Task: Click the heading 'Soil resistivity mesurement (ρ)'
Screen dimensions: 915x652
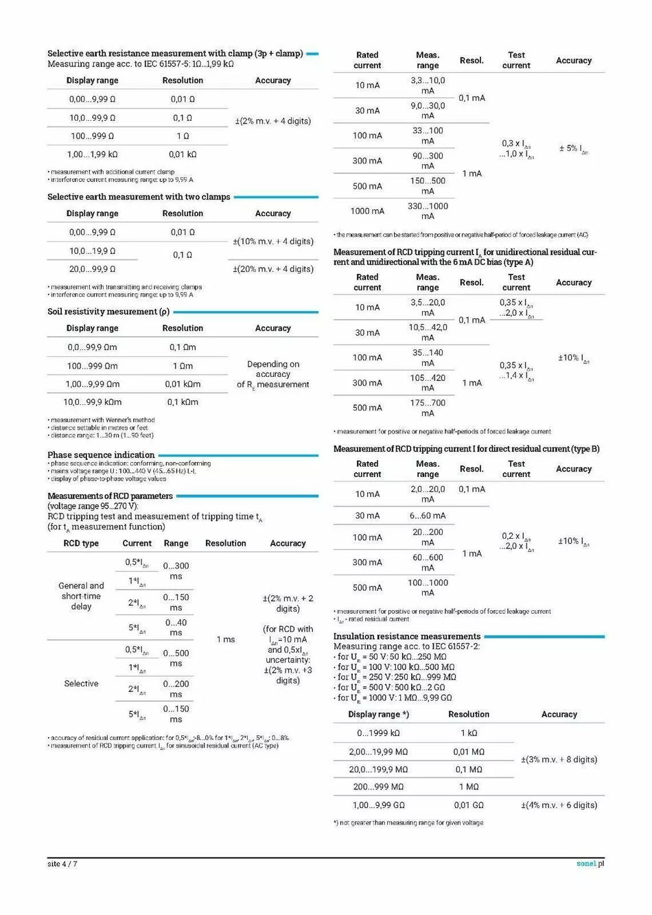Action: (108, 312)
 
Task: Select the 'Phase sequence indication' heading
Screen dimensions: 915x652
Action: (101, 455)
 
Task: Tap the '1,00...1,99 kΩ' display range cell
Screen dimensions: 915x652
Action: (92, 154)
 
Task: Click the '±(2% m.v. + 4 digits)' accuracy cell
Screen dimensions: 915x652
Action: (273, 121)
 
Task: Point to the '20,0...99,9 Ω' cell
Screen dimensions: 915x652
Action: (92, 269)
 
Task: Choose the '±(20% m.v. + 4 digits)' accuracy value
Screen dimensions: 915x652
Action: (273, 269)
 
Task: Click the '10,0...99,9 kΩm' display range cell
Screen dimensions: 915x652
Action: (92, 402)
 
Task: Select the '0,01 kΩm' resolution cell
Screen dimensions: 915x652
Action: (183, 384)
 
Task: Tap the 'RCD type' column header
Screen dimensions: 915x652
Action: (81, 543)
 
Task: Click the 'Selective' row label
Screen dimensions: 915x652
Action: (81, 684)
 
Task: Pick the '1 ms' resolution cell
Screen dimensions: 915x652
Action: (226, 640)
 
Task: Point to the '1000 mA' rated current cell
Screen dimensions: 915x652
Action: (367, 211)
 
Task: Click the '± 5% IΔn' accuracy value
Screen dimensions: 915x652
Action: (574, 149)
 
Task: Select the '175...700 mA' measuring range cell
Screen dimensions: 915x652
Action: (428, 408)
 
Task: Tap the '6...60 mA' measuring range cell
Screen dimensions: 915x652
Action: (428, 516)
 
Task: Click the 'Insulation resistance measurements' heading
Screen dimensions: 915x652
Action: (407, 636)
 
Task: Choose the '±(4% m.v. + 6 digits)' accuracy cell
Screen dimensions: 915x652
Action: (559, 805)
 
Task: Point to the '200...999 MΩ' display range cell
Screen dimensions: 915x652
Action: (378, 787)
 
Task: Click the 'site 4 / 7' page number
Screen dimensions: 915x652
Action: (62, 864)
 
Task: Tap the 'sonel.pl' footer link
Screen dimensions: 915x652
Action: (590, 864)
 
